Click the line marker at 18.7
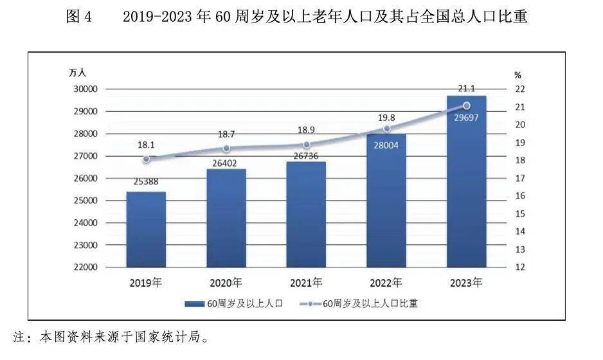(x=226, y=148)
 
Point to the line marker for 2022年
(x=386, y=129)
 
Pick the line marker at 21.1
(x=467, y=105)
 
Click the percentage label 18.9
(x=306, y=130)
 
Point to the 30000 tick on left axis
(x=84, y=89)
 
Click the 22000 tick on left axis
(x=84, y=267)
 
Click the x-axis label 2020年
(x=226, y=282)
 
